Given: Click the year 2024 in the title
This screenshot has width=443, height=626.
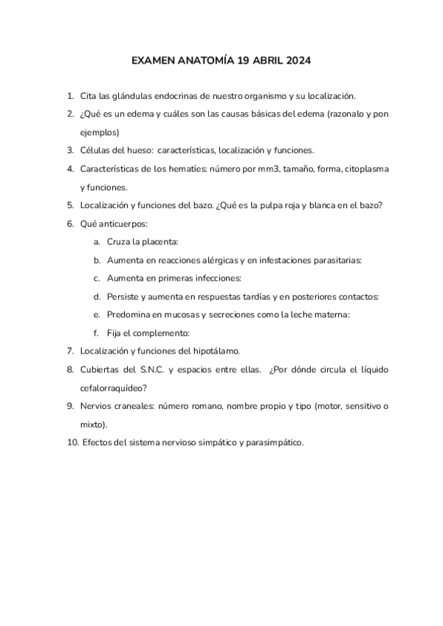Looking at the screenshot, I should tap(296, 61).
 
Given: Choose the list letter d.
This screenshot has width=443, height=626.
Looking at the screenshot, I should tap(97, 296).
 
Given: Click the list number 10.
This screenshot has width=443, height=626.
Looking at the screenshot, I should tap(71, 442).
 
